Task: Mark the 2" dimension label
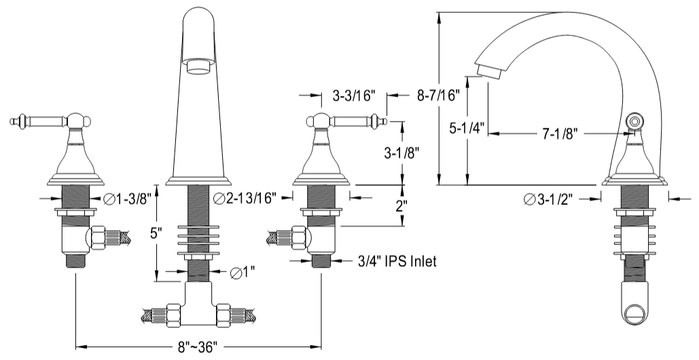click(401, 206)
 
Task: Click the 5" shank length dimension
click(156, 234)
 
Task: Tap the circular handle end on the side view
click(635, 122)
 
